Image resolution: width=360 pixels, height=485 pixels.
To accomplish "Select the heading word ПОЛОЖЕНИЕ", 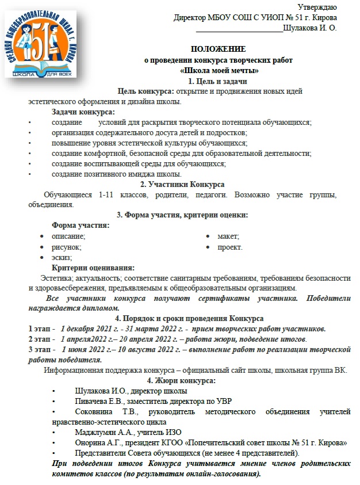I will pyautogui.click(x=218, y=49).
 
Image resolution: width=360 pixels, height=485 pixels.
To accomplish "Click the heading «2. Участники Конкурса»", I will pyautogui.click(x=182, y=184).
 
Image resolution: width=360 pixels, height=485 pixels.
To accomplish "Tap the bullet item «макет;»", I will pyautogui.click(x=228, y=236).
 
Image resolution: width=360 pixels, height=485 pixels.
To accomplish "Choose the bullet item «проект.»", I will pyautogui.click(x=229, y=247).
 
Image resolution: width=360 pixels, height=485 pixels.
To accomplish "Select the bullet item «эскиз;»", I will pyautogui.click(x=62, y=258).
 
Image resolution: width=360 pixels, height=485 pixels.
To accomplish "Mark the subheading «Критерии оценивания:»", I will pyautogui.click(x=93, y=268).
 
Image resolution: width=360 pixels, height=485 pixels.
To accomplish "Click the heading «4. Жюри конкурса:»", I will pyautogui.click(x=181, y=381).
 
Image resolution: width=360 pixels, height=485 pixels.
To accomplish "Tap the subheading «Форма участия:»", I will pyautogui.click(x=81, y=226).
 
